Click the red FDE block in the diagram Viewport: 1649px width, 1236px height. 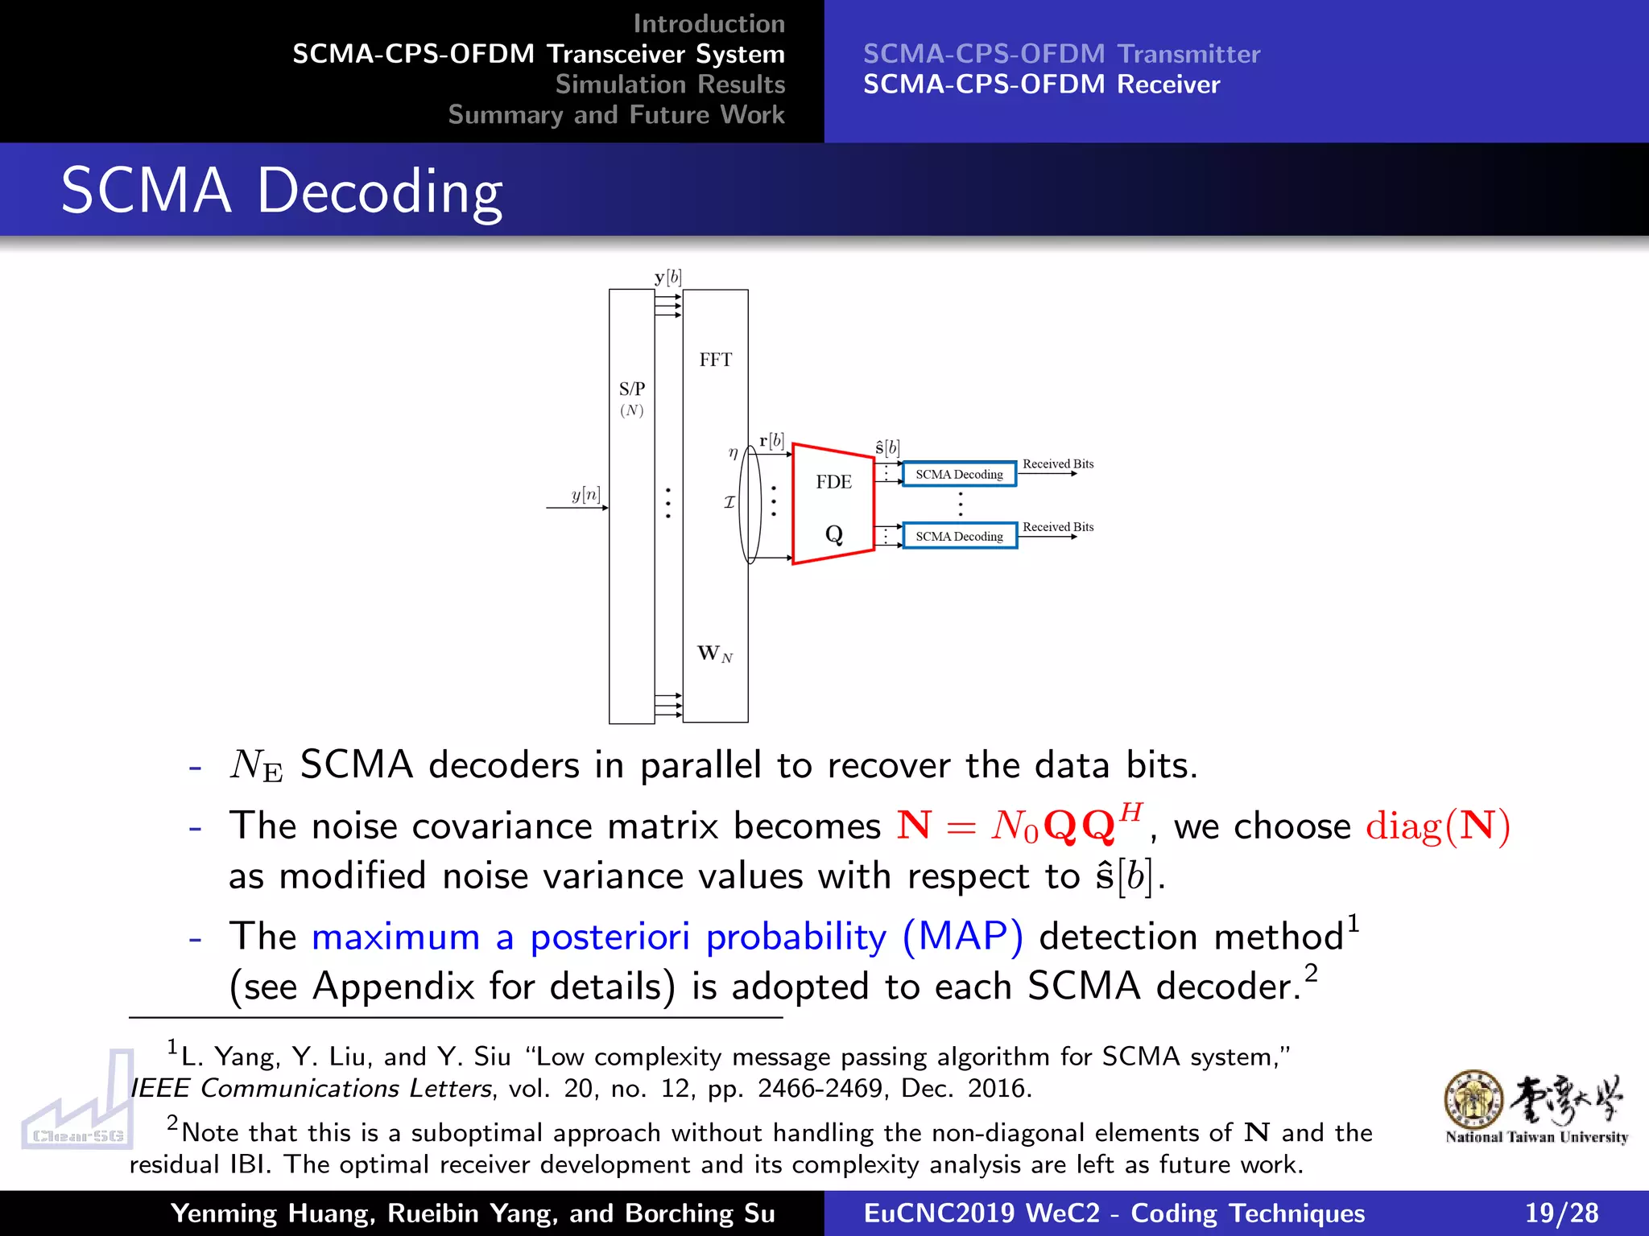pos(833,504)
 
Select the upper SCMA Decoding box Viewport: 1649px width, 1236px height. pos(959,475)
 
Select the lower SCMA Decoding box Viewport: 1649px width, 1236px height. pos(959,536)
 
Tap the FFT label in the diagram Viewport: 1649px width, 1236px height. pos(715,360)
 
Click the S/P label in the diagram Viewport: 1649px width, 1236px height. pos(631,389)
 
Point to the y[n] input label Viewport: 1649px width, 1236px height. pos(585,494)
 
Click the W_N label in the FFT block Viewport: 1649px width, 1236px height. pos(714,653)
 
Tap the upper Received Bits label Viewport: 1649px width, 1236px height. pos(1057,463)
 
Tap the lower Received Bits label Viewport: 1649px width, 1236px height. pos(1057,527)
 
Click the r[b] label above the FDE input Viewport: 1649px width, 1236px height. pos(771,441)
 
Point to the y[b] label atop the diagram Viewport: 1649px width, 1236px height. pos(667,278)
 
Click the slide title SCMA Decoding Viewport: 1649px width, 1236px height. pos(282,191)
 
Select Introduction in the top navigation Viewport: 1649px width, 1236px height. pos(709,23)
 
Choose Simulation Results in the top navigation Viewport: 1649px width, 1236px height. pos(670,84)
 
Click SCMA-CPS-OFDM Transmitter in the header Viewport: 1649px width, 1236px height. pos(1061,54)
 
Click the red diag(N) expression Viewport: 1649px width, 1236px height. pos(1437,826)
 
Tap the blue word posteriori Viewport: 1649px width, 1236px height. pos(610,937)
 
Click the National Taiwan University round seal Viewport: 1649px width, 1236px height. pos(1473,1099)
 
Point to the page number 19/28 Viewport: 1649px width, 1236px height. pos(1561,1213)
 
